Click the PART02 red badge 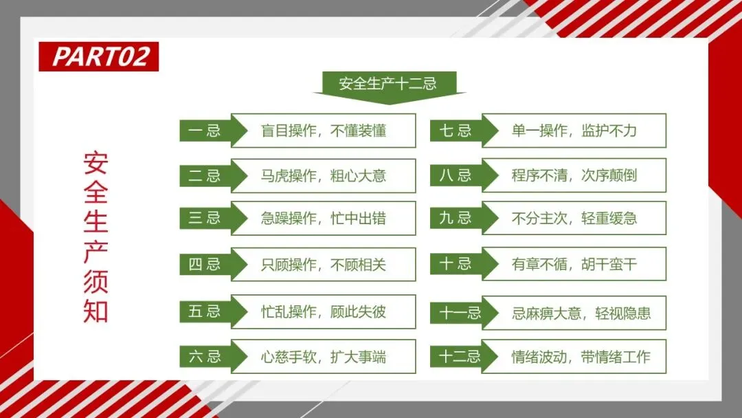(x=99, y=56)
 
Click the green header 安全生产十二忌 (x=388, y=85)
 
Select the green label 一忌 (x=205, y=131)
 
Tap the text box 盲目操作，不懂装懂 (x=324, y=131)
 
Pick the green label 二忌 (x=205, y=176)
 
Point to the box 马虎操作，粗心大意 (x=324, y=176)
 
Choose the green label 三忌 (x=205, y=219)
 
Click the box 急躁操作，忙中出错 (x=324, y=219)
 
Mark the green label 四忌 (x=205, y=265)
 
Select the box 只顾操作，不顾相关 (x=324, y=265)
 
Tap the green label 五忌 (x=205, y=311)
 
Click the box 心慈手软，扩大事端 (x=324, y=357)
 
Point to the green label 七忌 (x=456, y=131)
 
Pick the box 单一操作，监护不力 (x=574, y=131)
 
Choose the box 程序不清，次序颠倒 (x=574, y=175)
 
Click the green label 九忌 (x=456, y=219)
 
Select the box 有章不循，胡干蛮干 (x=574, y=264)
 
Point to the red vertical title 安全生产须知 (x=96, y=236)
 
